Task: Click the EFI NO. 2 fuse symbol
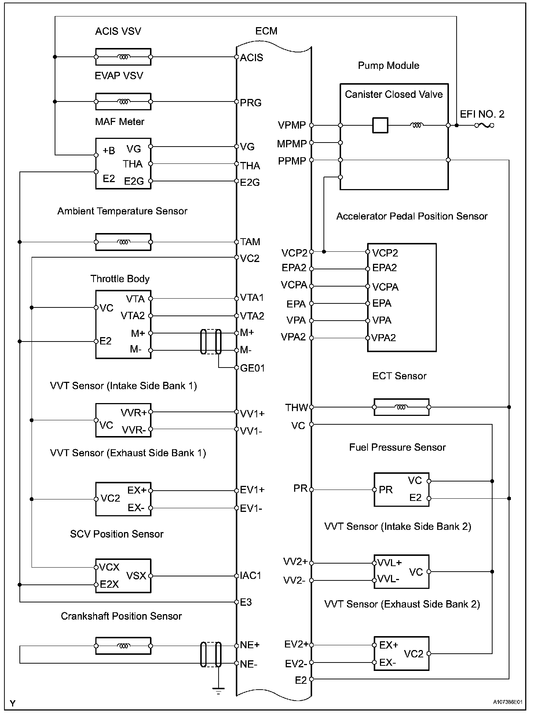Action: click(484, 125)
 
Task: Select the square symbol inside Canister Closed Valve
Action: click(380, 125)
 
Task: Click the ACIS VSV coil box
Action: click(123, 57)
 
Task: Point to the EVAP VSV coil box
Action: click(123, 102)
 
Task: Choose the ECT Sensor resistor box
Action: click(401, 407)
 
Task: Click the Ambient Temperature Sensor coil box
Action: click(123, 242)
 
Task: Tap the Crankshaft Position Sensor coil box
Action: click(123, 646)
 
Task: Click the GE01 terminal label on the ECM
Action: click(252, 368)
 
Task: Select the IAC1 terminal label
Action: click(251, 575)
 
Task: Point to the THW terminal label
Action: click(297, 407)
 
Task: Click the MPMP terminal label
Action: click(292, 144)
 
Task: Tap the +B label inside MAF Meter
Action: click(109, 151)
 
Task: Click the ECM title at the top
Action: click(266, 31)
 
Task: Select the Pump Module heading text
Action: click(388, 66)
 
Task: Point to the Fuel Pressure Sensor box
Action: click(401, 490)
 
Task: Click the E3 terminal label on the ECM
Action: click(246, 602)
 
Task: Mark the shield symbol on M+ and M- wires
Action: click(211, 342)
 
